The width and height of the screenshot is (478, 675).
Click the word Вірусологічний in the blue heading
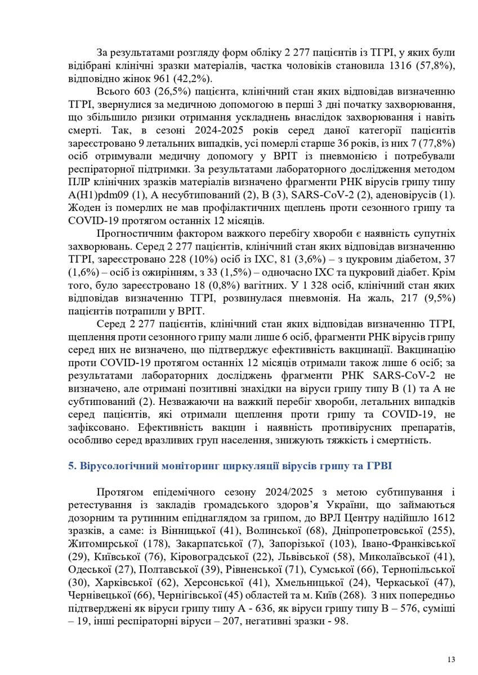[116, 466]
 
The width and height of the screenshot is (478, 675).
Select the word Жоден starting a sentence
[82, 208]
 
